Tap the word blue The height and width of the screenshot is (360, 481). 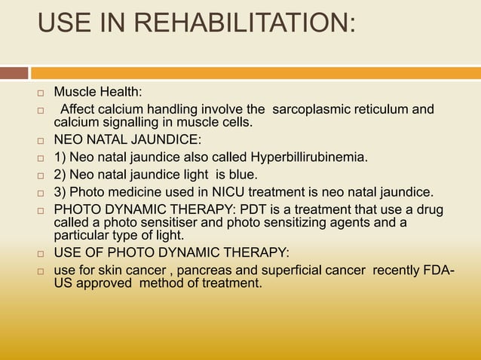tap(225, 174)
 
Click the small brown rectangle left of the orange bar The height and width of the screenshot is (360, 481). tap(14, 73)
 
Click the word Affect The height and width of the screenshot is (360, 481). tap(80, 110)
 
